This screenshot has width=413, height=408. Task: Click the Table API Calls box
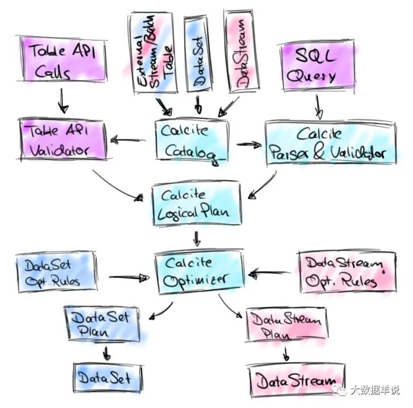click(60, 64)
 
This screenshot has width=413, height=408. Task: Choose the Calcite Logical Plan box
click(196, 204)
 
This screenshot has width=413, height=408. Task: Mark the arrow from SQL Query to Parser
click(317, 105)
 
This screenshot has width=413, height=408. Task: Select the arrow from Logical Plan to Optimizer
click(197, 237)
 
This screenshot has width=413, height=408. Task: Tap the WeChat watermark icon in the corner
click(342, 391)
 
